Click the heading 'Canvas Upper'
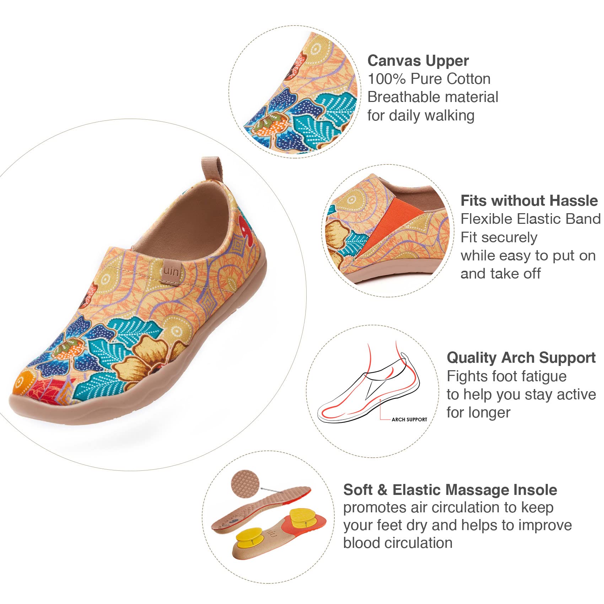418,61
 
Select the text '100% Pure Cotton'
429,79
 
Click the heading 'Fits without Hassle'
529,201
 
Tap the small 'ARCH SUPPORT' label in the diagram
409,420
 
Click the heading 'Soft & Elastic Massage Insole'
450,490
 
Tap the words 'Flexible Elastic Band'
530,219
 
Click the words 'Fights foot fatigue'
507,376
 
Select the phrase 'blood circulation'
398,543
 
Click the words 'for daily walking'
421,115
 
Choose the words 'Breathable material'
432,97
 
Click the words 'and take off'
500,274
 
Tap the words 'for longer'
478,413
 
